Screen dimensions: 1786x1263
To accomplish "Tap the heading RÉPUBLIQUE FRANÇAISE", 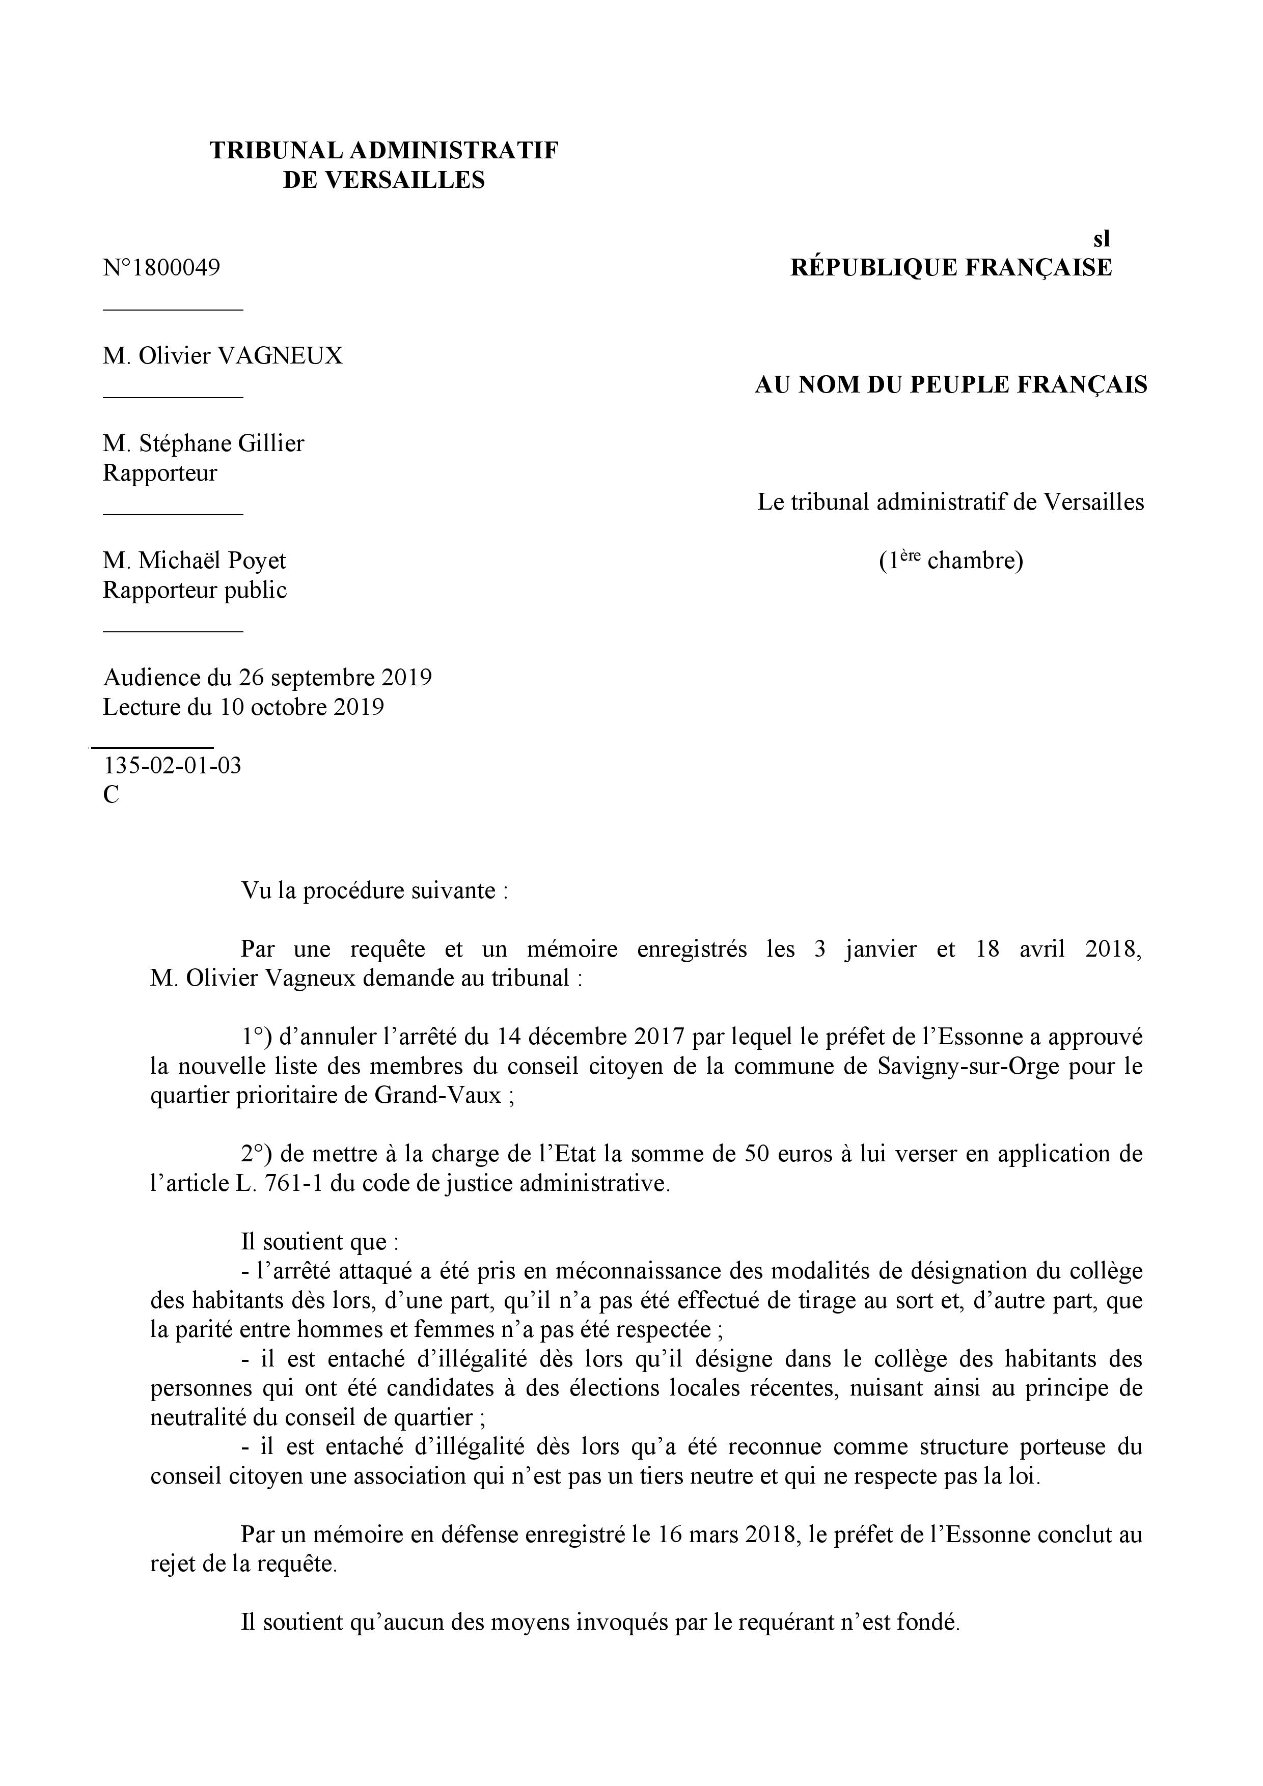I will click(951, 268).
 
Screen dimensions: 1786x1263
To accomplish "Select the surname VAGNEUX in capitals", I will click(280, 356).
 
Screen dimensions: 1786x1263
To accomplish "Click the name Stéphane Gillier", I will click(221, 443).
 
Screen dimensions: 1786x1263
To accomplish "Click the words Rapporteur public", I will click(195, 591).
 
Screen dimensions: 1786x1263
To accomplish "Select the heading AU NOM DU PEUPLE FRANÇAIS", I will click(951, 385).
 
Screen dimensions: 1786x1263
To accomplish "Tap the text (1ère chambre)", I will click(951, 560).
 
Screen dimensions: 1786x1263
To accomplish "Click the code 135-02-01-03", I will click(172, 766).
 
